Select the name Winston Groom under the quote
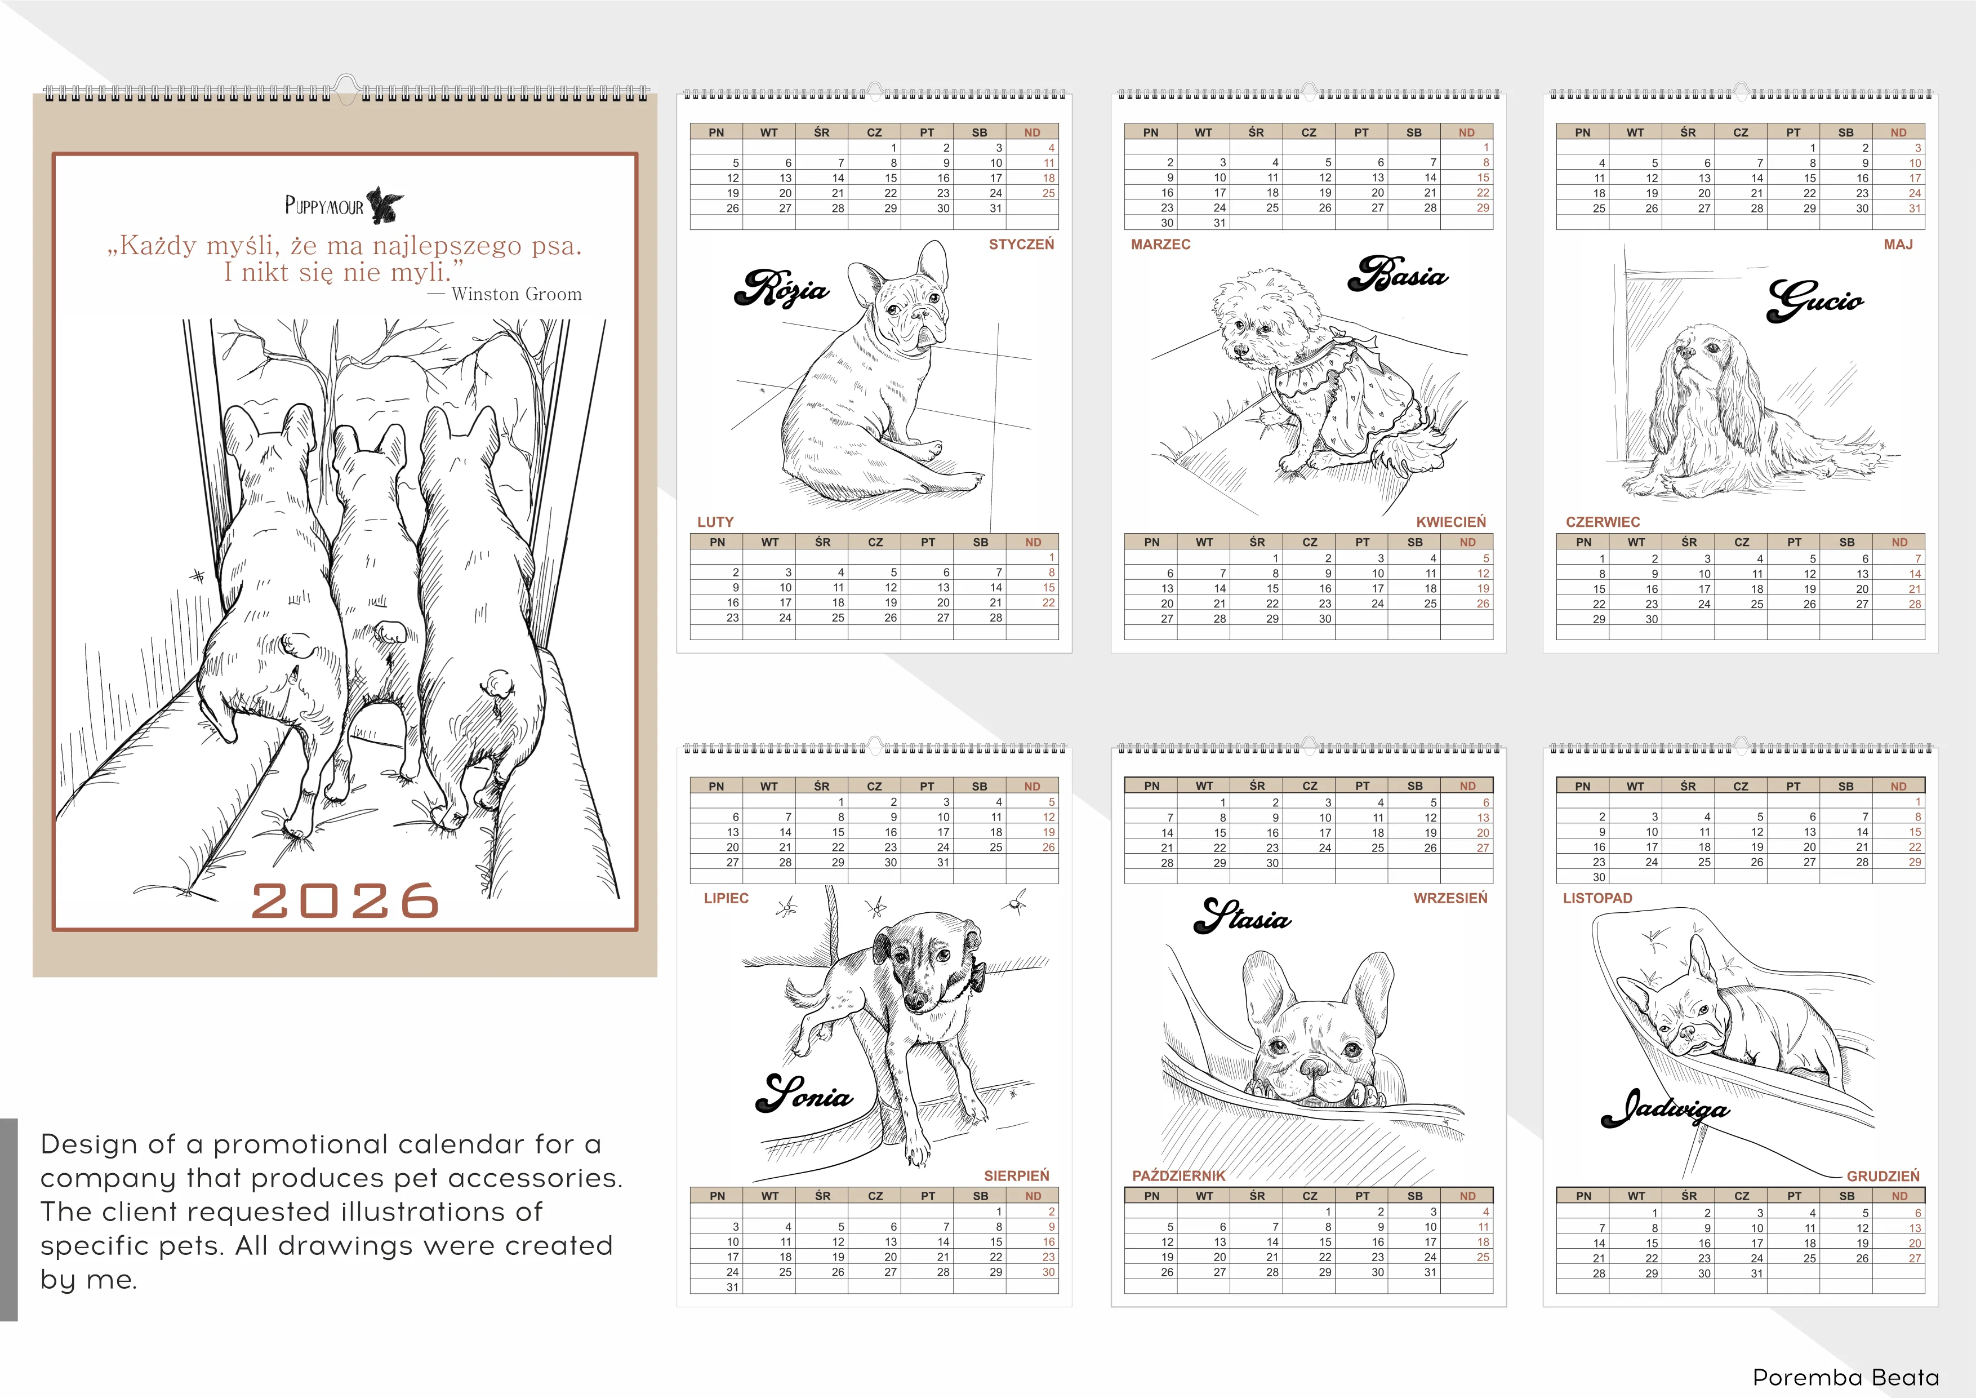(517, 294)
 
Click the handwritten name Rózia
(781, 287)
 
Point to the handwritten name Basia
(1397, 274)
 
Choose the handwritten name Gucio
(1815, 300)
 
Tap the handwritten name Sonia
(804, 1093)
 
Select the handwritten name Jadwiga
(1665, 1109)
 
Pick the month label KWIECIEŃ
(1451, 522)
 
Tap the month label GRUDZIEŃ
(1883, 1176)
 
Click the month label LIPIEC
(727, 898)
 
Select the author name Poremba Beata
(1846, 1377)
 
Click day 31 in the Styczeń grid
(996, 208)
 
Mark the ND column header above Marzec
(1466, 132)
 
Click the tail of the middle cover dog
(391, 632)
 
